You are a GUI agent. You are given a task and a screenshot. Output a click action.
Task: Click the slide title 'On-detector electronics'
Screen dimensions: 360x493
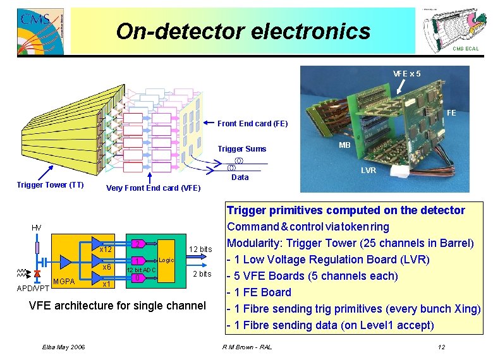tap(243, 30)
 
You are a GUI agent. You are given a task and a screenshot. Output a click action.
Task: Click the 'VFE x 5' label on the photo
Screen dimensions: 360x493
tap(407, 73)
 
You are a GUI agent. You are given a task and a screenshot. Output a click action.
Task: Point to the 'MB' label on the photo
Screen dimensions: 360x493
tap(344, 145)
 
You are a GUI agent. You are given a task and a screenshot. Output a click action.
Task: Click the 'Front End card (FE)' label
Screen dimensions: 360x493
tap(252, 124)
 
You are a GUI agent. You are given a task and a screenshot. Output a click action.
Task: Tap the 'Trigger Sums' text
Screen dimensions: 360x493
tap(242, 149)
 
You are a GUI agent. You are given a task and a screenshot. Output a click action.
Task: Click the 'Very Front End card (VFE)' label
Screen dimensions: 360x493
tap(154, 188)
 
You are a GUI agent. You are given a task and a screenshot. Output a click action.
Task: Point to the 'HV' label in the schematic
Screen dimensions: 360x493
tap(37, 227)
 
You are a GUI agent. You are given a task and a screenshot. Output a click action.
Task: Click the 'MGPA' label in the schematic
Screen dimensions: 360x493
tap(64, 281)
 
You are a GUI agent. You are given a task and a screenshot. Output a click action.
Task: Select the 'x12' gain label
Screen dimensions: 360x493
tap(105, 249)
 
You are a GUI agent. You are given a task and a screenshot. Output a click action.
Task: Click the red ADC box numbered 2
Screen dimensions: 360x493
tap(137, 244)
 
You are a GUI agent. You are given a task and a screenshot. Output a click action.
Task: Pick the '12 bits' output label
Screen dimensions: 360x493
tap(200, 249)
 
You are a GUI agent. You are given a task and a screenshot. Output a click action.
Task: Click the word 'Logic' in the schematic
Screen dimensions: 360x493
tap(166, 260)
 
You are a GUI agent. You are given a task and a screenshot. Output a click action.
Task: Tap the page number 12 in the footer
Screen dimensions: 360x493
tap(441, 347)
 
